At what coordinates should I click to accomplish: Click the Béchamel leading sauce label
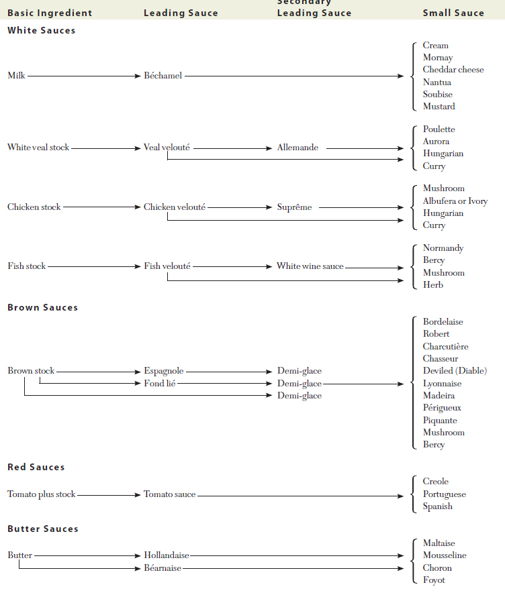(x=163, y=76)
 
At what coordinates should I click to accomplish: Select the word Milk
(x=16, y=76)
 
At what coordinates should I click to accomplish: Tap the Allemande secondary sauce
(x=297, y=148)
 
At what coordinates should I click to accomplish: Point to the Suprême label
(x=294, y=207)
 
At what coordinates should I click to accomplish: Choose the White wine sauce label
(x=310, y=266)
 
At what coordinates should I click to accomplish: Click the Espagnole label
(x=163, y=371)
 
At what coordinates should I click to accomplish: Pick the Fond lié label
(x=159, y=384)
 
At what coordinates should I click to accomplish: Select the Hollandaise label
(x=166, y=555)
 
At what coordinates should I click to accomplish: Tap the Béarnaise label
(x=163, y=568)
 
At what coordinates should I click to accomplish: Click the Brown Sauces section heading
(x=42, y=308)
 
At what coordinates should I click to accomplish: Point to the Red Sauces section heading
(x=36, y=467)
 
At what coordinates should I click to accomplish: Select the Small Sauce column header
(x=453, y=13)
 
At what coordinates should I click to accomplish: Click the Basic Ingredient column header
(x=50, y=13)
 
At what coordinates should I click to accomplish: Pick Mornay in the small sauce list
(x=438, y=58)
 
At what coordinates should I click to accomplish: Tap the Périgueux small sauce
(x=442, y=408)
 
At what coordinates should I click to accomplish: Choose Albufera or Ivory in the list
(x=455, y=201)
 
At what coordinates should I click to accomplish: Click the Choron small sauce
(x=437, y=568)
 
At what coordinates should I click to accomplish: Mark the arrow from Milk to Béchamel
(x=84, y=76)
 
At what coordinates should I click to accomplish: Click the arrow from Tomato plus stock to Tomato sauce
(x=109, y=495)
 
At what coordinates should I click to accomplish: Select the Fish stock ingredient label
(x=27, y=266)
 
